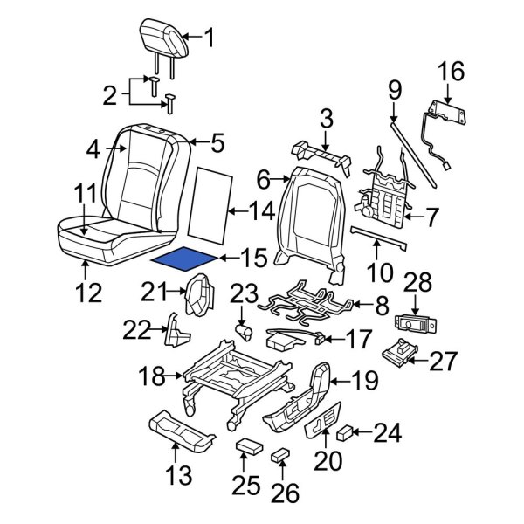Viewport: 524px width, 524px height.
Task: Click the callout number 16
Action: [452, 70]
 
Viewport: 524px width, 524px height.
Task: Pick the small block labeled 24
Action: [344, 431]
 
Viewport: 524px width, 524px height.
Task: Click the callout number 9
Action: [394, 89]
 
